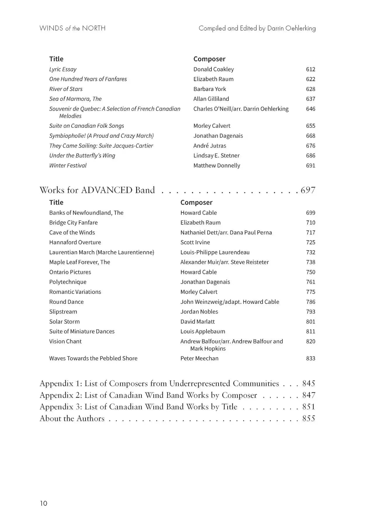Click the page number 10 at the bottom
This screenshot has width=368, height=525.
[44, 503]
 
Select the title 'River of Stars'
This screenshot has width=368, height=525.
[66, 89]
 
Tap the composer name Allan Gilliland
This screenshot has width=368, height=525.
[211, 99]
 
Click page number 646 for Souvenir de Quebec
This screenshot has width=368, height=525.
[310, 109]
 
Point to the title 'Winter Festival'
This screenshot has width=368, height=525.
[68, 165]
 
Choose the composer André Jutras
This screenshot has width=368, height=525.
[209, 146]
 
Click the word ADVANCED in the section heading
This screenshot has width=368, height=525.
[107, 190]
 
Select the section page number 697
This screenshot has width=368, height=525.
[308, 190]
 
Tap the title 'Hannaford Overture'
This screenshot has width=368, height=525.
[75, 242]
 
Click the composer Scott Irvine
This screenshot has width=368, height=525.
[195, 242]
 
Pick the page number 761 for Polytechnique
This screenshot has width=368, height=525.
[310, 282]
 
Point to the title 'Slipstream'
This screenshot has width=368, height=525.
[63, 312]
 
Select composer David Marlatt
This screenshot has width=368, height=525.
[197, 322]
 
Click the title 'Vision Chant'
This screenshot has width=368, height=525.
[65, 342]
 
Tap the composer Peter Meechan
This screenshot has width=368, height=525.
[199, 358]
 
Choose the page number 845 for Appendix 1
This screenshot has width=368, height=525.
[309, 383]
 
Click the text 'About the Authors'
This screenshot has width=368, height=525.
[72, 419]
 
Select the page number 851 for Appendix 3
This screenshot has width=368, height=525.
[309, 407]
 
